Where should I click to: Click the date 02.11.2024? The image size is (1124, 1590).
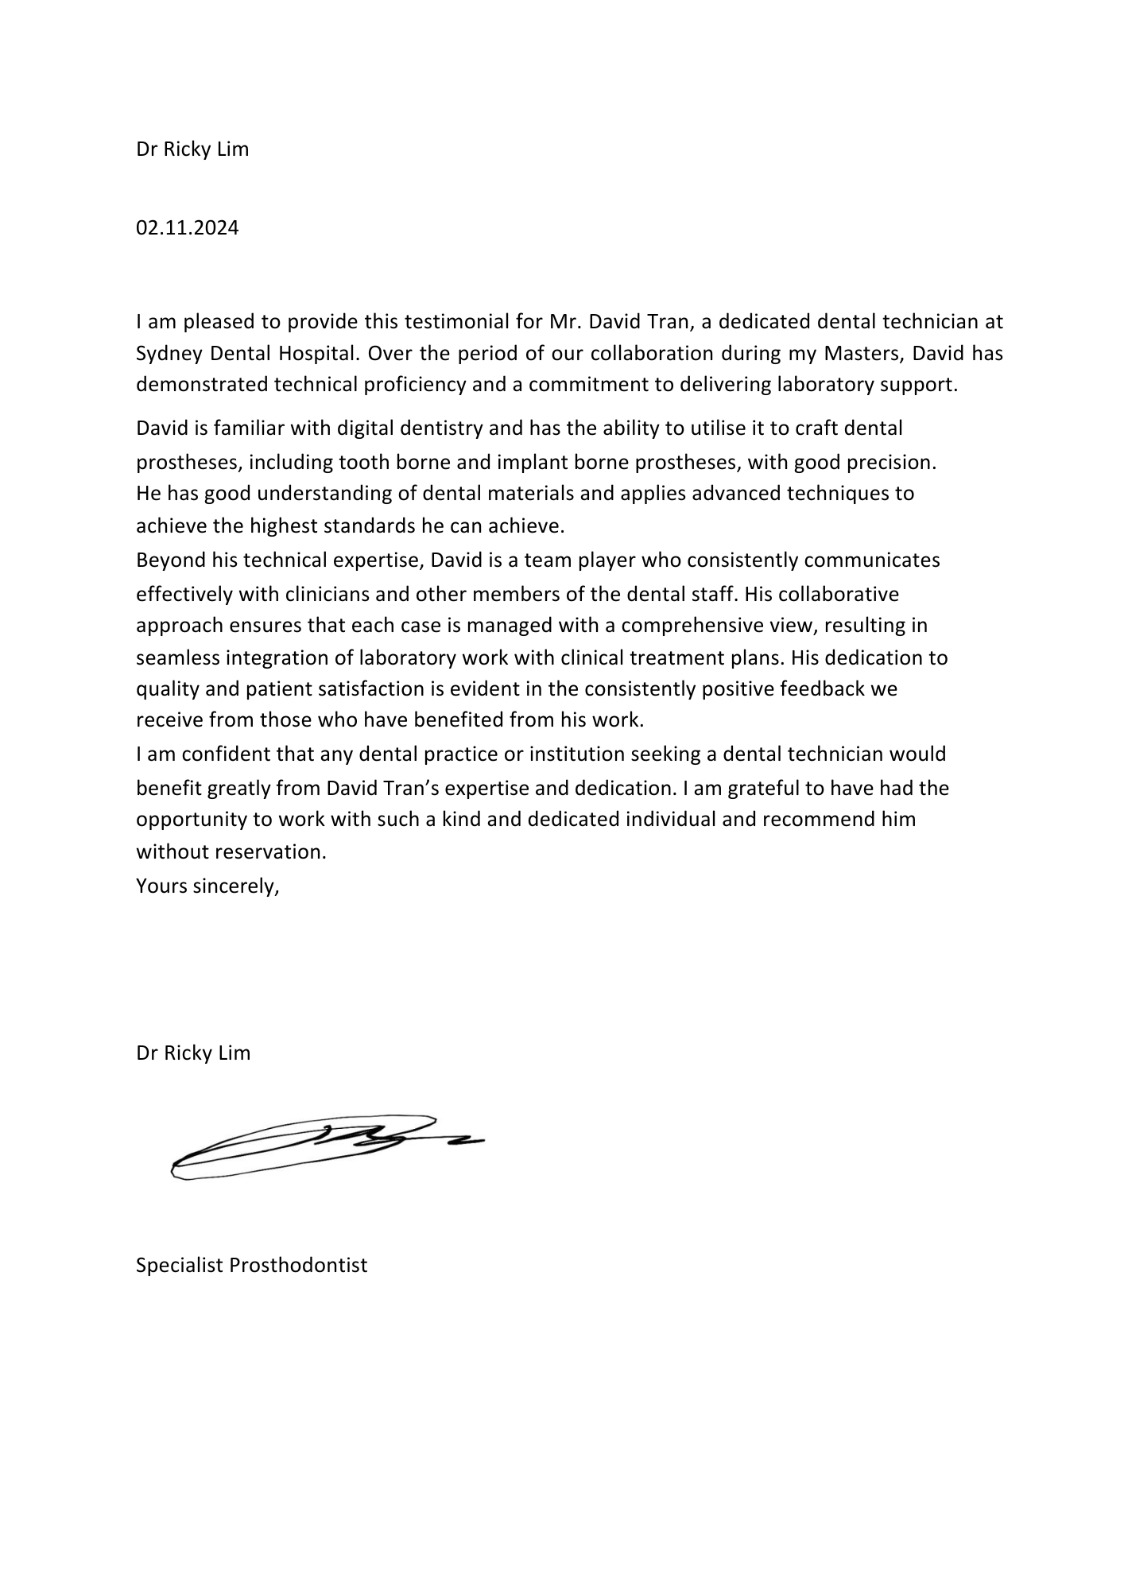(187, 228)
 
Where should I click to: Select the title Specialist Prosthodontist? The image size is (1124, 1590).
(251, 1265)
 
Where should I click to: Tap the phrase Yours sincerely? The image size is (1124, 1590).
(207, 886)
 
